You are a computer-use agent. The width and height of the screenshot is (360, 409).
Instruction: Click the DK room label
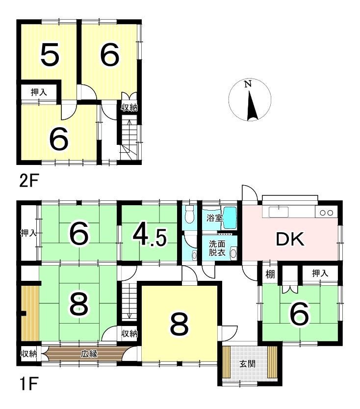pyautogui.click(x=290, y=239)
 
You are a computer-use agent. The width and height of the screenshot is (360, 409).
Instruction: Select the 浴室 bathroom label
pyautogui.click(x=214, y=218)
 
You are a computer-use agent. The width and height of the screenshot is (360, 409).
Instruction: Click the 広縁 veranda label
pyautogui.click(x=89, y=354)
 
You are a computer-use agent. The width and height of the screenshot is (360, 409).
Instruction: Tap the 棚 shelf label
pyautogui.click(x=270, y=274)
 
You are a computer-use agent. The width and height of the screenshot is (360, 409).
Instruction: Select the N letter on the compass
pyautogui.click(x=248, y=84)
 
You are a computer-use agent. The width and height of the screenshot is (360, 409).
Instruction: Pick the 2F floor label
pyautogui.click(x=28, y=181)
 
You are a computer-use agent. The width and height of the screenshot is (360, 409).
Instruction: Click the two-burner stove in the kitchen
pyautogui.click(x=326, y=213)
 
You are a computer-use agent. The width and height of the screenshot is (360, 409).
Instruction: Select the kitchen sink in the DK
pyautogui.click(x=279, y=212)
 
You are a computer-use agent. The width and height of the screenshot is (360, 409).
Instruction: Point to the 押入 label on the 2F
pyautogui.click(x=39, y=92)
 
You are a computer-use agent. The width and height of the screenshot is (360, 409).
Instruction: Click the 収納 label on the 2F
pyautogui.click(x=129, y=108)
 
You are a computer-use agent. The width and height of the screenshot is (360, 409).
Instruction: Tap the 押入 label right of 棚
pyautogui.click(x=320, y=273)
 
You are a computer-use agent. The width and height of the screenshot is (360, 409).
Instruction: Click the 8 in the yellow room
pyautogui.click(x=179, y=324)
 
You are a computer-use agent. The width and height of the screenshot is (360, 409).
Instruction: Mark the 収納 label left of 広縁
pyautogui.click(x=28, y=354)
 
